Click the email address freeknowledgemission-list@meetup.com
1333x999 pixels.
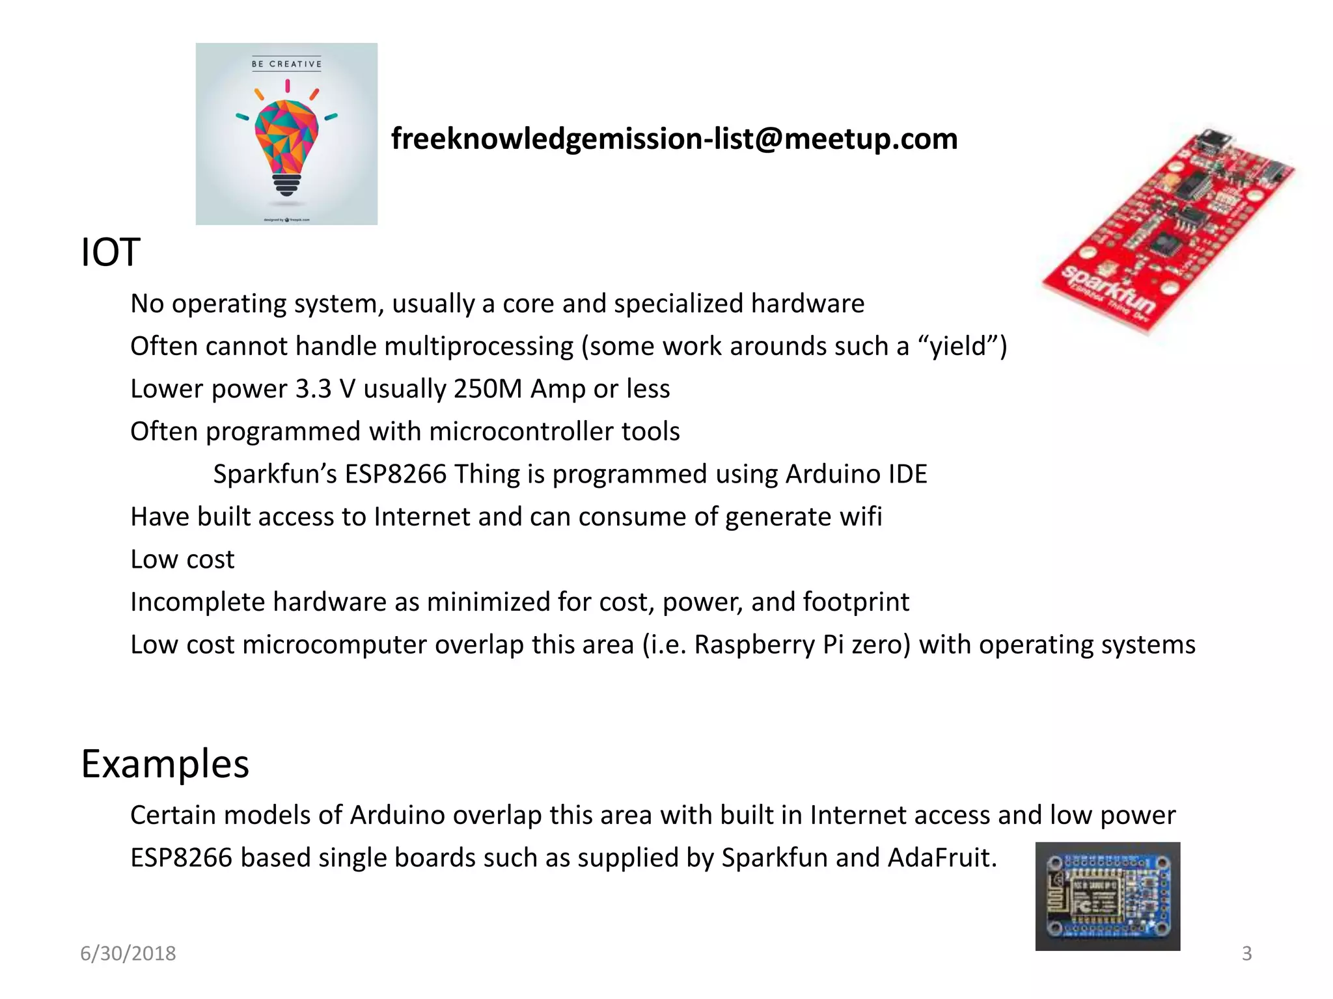click(674, 139)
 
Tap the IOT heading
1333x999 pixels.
click(110, 252)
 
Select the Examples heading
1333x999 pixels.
click(165, 764)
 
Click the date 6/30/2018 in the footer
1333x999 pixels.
click(128, 953)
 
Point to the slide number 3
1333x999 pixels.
click(1246, 953)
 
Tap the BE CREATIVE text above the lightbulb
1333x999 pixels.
click(286, 64)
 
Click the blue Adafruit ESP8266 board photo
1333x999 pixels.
click(1107, 896)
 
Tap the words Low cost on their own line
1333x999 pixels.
click(182, 559)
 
